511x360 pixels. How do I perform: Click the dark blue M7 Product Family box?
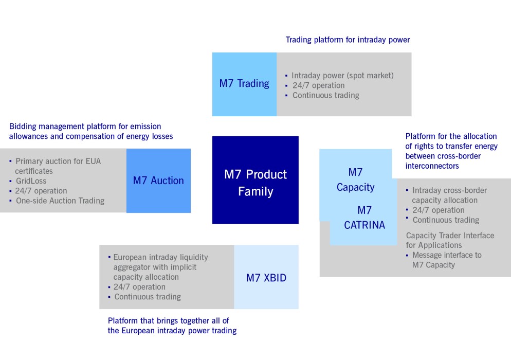pos(255,180)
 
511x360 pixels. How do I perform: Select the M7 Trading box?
pos(244,84)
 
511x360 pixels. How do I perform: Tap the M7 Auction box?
pos(158,181)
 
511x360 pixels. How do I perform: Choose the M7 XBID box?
pos(266,278)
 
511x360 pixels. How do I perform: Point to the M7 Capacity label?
pos(355,179)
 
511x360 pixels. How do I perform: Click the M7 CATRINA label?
pos(364,218)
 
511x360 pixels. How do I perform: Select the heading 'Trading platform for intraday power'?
pos(348,40)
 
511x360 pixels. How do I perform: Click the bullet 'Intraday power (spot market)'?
pos(342,76)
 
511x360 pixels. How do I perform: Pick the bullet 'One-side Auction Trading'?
pos(60,201)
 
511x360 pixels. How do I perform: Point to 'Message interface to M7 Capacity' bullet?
pos(446,260)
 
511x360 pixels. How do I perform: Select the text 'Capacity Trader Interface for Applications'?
pos(450,240)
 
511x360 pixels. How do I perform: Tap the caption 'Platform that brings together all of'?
pos(168,320)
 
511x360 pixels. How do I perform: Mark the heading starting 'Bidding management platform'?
pos(85,127)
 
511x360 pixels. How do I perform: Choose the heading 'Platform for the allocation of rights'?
pos(451,136)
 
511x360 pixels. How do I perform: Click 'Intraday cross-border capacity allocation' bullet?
pos(449,195)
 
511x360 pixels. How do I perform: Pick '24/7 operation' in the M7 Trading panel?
pos(318,85)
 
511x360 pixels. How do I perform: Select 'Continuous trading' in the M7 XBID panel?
pos(148,297)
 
